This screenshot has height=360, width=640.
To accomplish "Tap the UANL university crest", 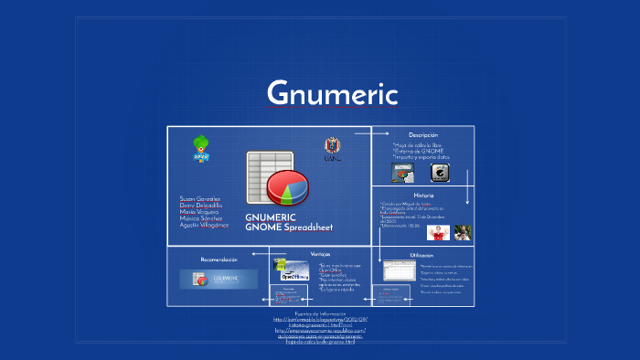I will pos(332,148).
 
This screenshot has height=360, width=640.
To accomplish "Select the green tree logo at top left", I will pos(201,148).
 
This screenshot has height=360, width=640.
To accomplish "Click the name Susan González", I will pos(200,198).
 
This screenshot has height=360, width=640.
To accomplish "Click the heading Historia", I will pos(423,196).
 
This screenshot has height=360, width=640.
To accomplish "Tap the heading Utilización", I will pos(421,255).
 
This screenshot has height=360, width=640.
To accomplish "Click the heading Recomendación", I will pos(219,259).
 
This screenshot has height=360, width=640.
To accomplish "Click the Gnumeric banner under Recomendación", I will pos(219,279).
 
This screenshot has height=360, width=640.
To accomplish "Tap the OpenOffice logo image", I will pos(294,271).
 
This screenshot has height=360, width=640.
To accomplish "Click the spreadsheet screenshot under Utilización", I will pos(399,272).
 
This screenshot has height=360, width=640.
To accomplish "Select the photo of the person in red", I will pos(438,233).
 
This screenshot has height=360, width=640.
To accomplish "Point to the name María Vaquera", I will pos(199,211).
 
